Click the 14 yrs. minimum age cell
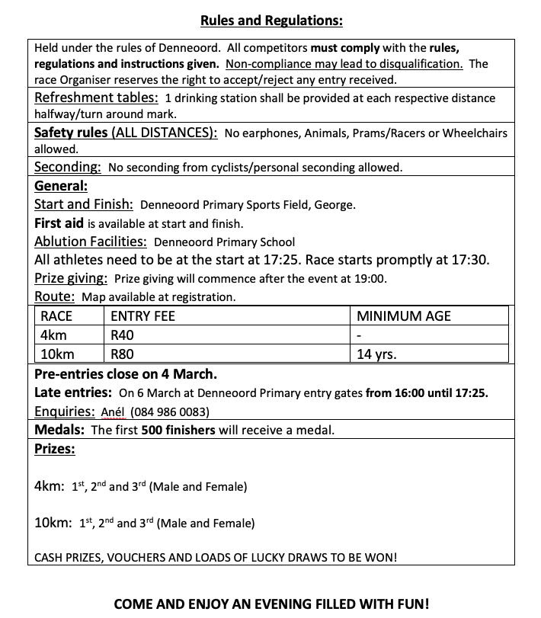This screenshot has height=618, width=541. click(376, 354)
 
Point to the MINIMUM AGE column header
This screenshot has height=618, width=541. click(404, 316)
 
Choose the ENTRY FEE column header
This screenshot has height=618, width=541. click(142, 316)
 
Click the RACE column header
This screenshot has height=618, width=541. click(56, 316)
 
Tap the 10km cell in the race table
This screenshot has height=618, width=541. click(53, 354)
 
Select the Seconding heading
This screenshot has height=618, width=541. click(68, 167)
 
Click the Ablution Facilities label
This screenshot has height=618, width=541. click(91, 242)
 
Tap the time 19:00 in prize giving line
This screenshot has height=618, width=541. click(371, 279)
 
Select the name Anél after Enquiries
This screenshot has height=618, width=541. click(112, 412)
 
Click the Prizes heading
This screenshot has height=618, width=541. click(55, 449)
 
